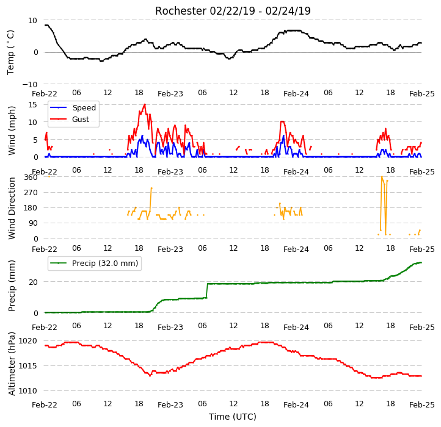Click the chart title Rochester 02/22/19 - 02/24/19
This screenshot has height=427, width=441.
tap(233, 11)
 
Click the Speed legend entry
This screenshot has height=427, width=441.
tap(73, 107)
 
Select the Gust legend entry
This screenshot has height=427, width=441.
tap(70, 119)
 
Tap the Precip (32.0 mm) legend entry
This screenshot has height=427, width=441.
tap(94, 264)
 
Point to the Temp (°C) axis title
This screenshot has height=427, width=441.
tap(10, 52)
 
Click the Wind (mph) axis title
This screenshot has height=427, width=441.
tap(11, 131)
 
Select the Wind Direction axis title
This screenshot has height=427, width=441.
tap(11, 208)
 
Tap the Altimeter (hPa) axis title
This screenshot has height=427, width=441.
tap(11, 364)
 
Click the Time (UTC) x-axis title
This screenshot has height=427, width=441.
tap(233, 416)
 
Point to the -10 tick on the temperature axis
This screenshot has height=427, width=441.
tap(29, 84)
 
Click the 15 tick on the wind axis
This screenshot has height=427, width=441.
tap(32, 105)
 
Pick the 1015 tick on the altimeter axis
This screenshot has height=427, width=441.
tap(27, 366)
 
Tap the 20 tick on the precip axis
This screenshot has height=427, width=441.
tap(33, 282)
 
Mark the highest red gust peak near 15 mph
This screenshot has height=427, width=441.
tap(145, 104)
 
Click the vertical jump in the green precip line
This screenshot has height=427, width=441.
tap(207, 291)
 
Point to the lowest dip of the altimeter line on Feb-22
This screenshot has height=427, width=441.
tap(150, 376)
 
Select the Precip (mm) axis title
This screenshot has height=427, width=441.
tap(11, 285)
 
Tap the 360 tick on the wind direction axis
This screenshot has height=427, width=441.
tap(31, 178)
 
